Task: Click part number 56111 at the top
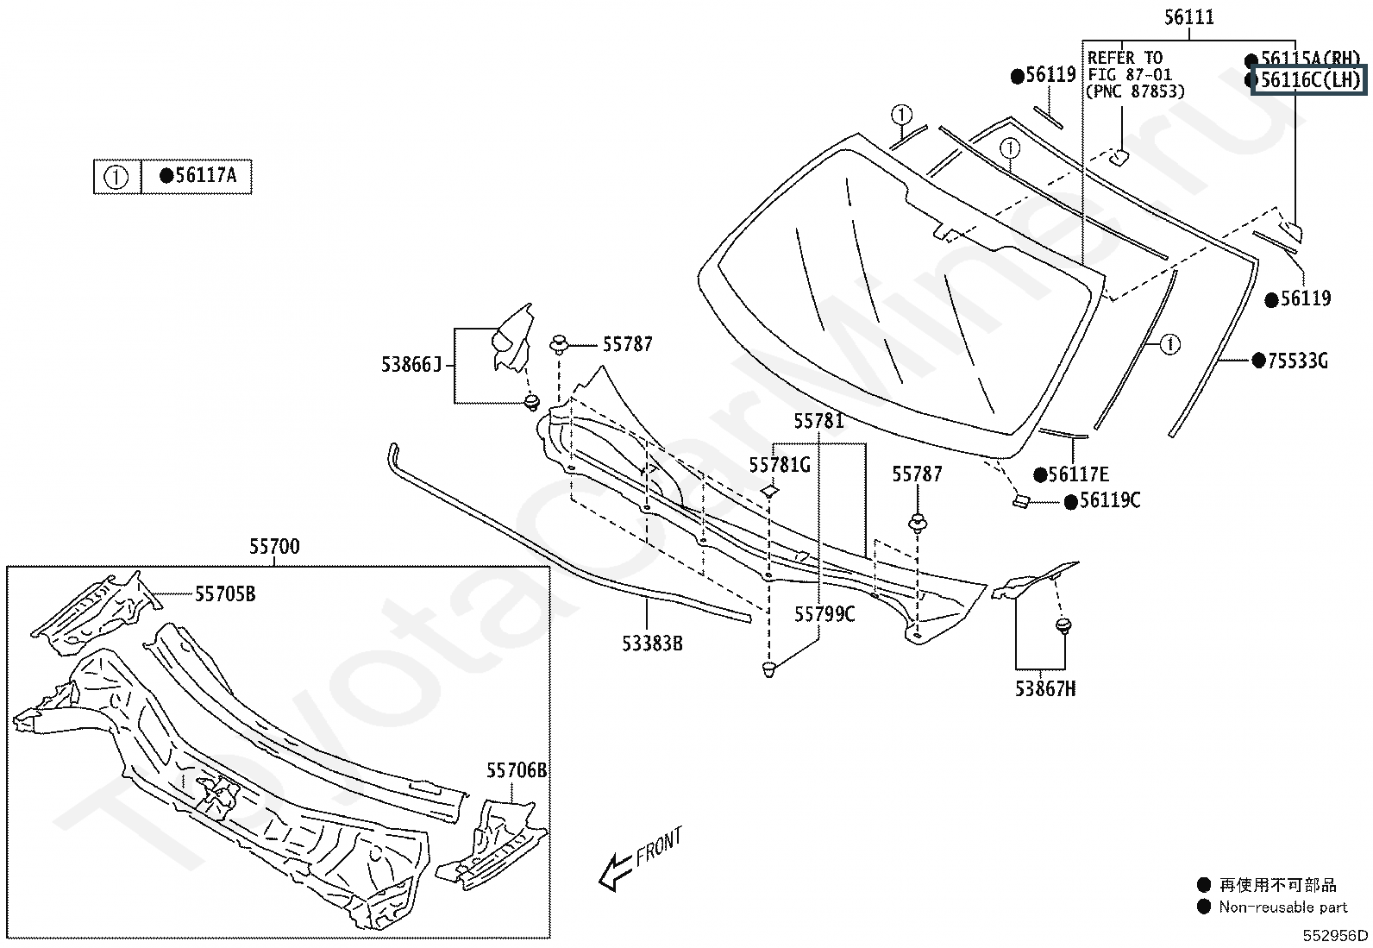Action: pos(1188,16)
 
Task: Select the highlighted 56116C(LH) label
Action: pos(1309,81)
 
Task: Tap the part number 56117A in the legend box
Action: pos(205,176)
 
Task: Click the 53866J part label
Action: pos(411,365)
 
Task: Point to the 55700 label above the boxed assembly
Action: pos(274,547)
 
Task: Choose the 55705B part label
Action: pos(225,593)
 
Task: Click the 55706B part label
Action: pos(516,770)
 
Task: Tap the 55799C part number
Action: pos(824,614)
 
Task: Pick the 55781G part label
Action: pos(780,466)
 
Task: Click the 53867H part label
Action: pos(1044,688)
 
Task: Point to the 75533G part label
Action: pos(1297,361)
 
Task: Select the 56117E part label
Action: pos(1078,474)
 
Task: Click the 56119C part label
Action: pos(1109,501)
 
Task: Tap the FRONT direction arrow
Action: pos(615,870)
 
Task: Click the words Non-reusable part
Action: pos(1282,907)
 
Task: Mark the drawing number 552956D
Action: pos(1334,935)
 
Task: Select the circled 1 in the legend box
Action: pos(116,177)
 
